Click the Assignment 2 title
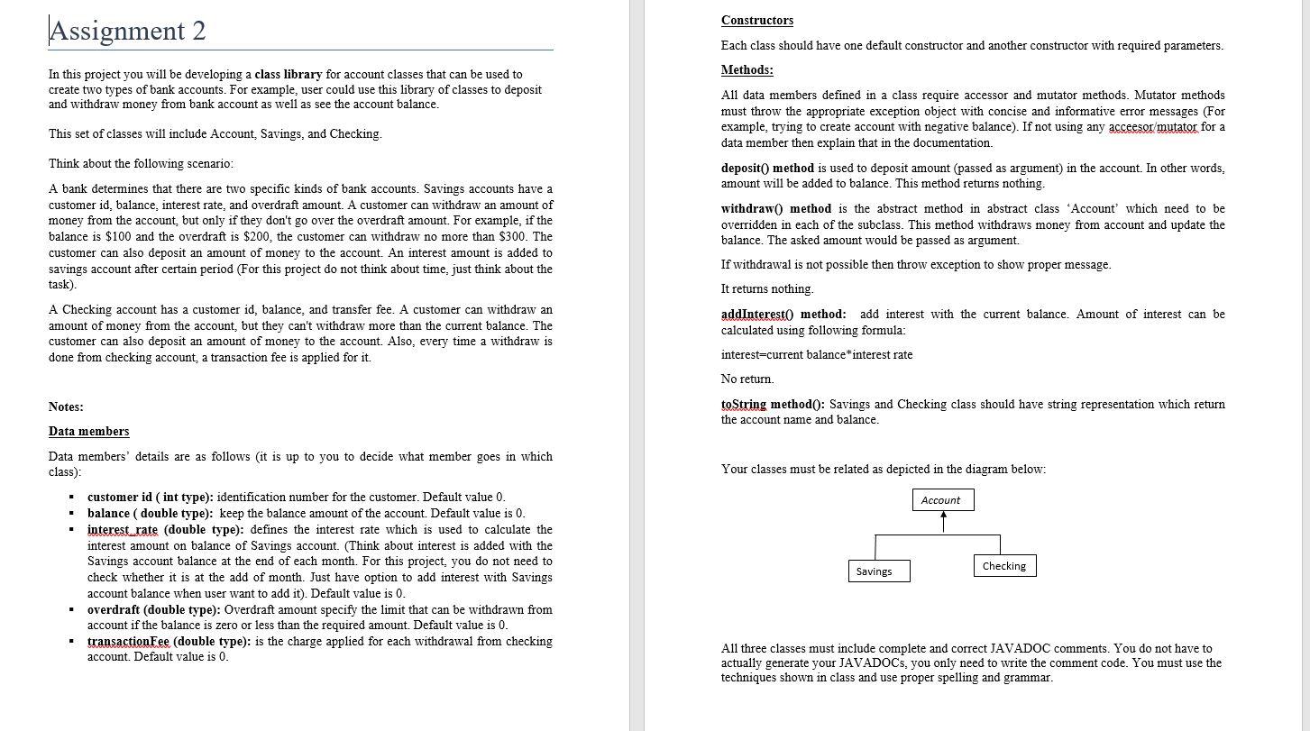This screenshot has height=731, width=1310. pos(127,31)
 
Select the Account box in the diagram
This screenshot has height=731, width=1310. pos(940,500)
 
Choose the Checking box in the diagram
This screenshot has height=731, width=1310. pos(1004,566)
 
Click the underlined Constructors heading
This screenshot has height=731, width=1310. pos(757,20)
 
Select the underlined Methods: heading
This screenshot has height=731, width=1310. pos(747,70)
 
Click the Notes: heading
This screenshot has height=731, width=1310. pos(66,407)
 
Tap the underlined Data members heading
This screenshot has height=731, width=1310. pos(88,431)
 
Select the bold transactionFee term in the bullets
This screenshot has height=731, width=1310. pos(128,641)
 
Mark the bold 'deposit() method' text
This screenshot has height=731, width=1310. pos(767,168)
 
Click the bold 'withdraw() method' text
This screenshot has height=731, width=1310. pos(775,208)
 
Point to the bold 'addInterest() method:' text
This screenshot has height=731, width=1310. pos(783,314)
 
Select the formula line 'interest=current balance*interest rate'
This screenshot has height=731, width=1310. pos(816,354)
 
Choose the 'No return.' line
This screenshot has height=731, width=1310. pos(747,379)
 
